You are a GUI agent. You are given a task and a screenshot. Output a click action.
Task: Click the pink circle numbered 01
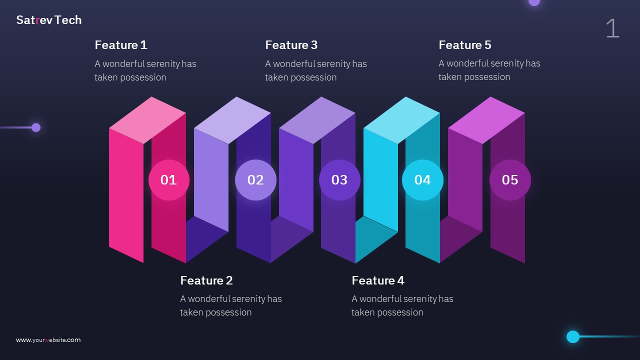click(x=169, y=180)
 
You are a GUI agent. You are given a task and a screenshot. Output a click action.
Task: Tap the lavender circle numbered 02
click(x=255, y=180)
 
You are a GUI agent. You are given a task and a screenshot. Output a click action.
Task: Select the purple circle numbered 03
click(x=339, y=180)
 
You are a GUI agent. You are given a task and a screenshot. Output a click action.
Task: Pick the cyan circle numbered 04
click(x=422, y=180)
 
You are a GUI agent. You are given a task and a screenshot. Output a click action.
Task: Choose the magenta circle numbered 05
click(x=510, y=180)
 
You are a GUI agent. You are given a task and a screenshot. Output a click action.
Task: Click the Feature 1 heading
click(x=121, y=45)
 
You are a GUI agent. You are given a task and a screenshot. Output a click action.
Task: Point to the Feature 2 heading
click(x=206, y=280)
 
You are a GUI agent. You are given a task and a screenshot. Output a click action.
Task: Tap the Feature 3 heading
click(x=291, y=45)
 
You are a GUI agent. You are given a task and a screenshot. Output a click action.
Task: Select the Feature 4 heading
click(x=378, y=280)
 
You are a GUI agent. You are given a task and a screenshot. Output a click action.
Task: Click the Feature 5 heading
click(x=465, y=45)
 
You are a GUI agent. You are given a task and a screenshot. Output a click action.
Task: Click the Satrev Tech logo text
click(x=49, y=20)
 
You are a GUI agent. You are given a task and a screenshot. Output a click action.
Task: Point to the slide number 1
click(x=612, y=28)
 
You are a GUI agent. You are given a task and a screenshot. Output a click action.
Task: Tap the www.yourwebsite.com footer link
click(x=48, y=340)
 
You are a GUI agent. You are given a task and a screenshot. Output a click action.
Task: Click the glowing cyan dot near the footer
click(x=573, y=336)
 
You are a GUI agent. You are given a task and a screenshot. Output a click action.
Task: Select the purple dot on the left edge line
click(x=36, y=127)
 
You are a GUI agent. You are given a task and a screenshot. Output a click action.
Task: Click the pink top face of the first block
click(x=147, y=120)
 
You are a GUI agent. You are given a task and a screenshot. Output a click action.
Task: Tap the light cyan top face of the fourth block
click(x=401, y=120)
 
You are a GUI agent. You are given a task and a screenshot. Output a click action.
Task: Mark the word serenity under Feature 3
click(x=333, y=64)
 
